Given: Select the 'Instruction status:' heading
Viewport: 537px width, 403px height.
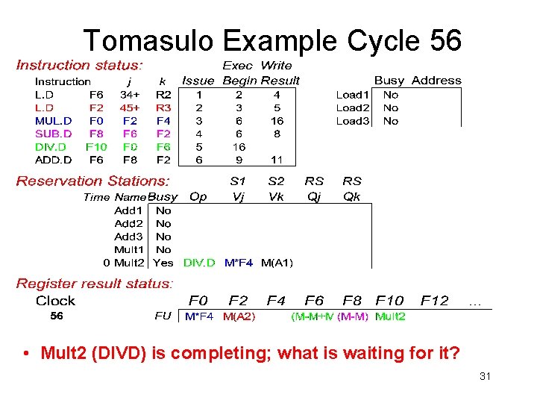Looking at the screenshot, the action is pyautogui.click(x=80, y=66).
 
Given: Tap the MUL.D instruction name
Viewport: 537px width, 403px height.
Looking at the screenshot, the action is pyautogui.click(x=54, y=120).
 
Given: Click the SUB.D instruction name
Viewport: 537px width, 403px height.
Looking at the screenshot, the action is pyautogui.click(x=54, y=134).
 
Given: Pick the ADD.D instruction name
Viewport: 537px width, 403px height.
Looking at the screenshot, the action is pyautogui.click(x=54, y=160).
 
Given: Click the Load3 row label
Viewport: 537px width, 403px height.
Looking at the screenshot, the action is pyautogui.click(x=352, y=120).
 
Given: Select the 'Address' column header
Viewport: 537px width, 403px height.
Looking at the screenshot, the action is pyautogui.click(x=436, y=81).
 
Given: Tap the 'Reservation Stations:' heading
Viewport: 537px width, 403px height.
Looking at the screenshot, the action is pyautogui.click(x=93, y=181).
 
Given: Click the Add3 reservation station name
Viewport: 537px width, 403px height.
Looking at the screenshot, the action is pyautogui.click(x=128, y=237).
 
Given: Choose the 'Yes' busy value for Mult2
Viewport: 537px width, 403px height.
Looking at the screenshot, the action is pyautogui.click(x=163, y=263).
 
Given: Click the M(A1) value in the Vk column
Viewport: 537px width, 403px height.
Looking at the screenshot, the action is pyautogui.click(x=277, y=263).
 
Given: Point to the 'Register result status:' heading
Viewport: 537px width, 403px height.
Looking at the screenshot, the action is pyautogui.click(x=95, y=284).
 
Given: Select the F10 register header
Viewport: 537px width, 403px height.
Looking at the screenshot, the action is pyautogui.click(x=389, y=301).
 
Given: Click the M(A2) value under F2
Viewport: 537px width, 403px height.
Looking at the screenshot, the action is pyautogui.click(x=239, y=316).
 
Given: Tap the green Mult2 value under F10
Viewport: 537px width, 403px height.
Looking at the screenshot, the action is pyautogui.click(x=390, y=316).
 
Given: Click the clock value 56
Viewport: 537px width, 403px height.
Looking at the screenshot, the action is pyautogui.click(x=57, y=316).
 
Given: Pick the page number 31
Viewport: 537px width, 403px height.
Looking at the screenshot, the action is pyautogui.click(x=485, y=376).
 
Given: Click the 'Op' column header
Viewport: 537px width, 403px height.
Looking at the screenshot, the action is pyautogui.click(x=198, y=197).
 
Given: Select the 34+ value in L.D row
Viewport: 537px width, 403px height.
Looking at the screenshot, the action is pyautogui.click(x=131, y=95).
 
